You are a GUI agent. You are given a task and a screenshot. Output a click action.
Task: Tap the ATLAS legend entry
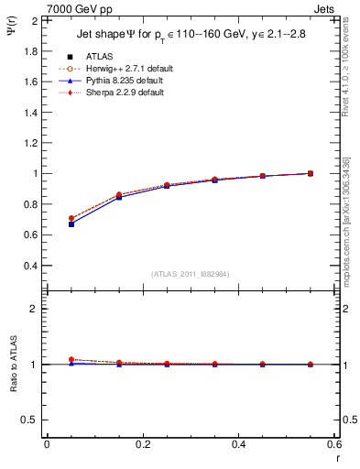click(x=100, y=57)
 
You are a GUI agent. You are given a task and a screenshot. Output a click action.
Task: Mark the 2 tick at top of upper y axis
click(x=34, y=20)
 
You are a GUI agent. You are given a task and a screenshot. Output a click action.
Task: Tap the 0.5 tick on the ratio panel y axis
click(x=29, y=420)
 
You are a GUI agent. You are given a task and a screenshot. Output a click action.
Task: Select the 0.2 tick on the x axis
click(x=142, y=444)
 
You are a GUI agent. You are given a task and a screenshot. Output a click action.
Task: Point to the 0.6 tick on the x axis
click(x=333, y=444)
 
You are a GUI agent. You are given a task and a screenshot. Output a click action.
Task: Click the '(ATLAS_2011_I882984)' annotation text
click(x=191, y=274)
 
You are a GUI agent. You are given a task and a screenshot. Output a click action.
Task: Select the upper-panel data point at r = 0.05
click(x=71, y=224)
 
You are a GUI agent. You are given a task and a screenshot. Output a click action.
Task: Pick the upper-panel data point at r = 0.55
click(x=311, y=173)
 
